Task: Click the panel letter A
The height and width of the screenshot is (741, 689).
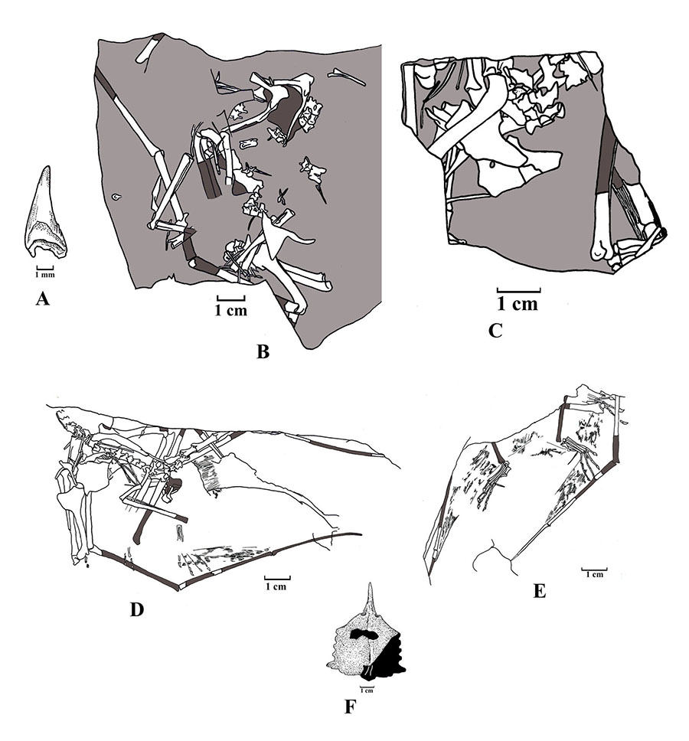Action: [43, 299]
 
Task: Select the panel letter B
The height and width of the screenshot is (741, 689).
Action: [263, 351]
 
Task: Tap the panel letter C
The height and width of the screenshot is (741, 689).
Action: [495, 331]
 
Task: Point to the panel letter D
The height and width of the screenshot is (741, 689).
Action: [136, 610]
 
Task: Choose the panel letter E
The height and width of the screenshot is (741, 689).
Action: [540, 591]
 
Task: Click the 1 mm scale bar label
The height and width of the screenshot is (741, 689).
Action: [45, 274]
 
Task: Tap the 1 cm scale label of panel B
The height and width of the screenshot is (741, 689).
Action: [231, 311]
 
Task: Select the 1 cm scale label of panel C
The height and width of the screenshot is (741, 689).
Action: [518, 304]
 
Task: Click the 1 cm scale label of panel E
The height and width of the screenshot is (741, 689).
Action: [595, 575]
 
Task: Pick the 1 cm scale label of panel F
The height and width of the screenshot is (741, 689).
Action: [367, 690]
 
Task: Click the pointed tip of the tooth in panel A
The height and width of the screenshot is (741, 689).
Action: [46, 166]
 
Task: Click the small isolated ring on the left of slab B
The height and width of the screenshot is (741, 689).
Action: [116, 197]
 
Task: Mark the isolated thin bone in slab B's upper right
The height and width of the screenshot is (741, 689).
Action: [346, 77]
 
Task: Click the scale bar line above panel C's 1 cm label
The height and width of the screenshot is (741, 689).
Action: [518, 289]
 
